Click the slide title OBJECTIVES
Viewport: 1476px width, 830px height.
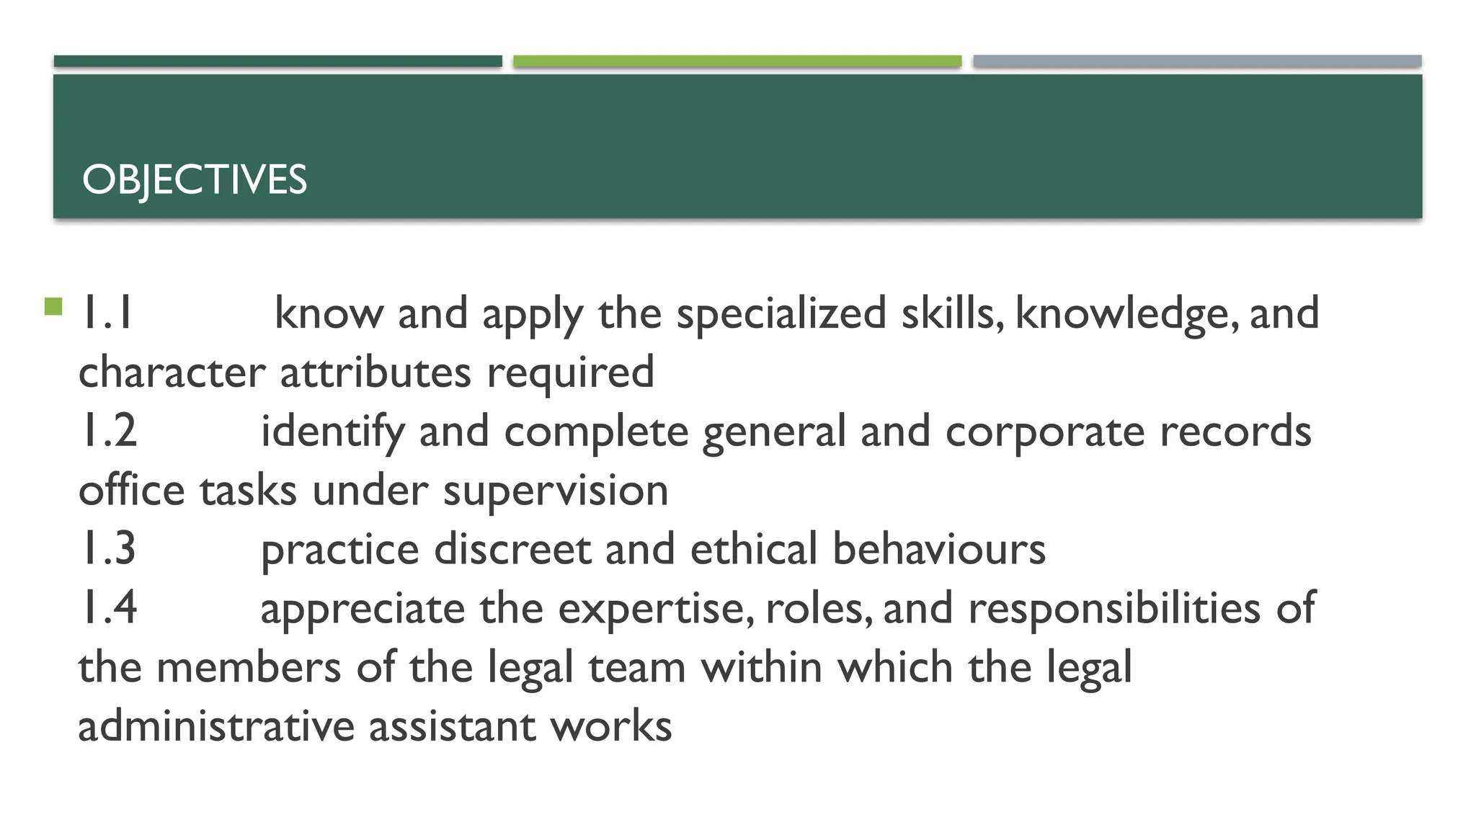coord(195,179)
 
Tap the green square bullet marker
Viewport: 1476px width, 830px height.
coord(53,307)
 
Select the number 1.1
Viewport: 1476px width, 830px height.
coord(107,313)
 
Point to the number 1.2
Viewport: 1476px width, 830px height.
coord(107,431)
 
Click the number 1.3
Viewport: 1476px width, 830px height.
coord(107,548)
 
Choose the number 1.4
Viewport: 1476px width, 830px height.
coord(107,607)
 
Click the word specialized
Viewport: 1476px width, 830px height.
coord(781,315)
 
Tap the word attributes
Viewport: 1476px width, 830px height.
coord(375,372)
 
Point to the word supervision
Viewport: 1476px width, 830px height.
coord(555,491)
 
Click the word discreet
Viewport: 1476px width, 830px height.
coord(512,549)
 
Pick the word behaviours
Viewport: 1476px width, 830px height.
coord(938,549)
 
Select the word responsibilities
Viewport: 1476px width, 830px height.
coord(1114,609)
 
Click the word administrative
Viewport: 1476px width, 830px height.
coord(216,726)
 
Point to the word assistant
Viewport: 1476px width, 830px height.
coord(452,726)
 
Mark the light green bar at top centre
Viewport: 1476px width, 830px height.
coord(737,61)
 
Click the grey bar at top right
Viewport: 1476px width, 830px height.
coord(1196,61)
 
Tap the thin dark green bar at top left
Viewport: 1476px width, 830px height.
coord(277,61)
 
